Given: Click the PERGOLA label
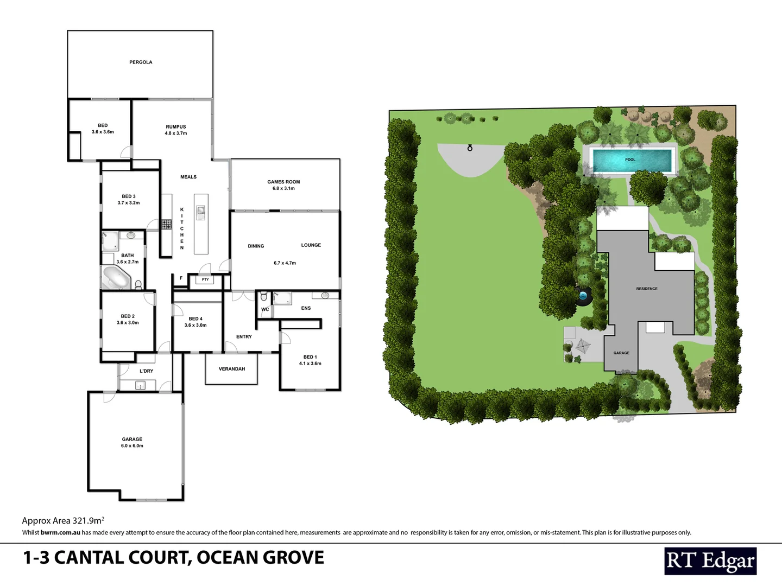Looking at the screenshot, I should pos(141,62).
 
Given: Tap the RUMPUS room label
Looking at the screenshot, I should pos(175,127).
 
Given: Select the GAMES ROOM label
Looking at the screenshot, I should pos(283,182).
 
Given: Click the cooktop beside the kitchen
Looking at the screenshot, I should pos(166,224).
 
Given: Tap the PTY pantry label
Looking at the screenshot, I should pos(205,280).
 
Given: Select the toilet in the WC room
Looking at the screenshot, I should pos(264,297).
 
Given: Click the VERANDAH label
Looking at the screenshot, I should pos(232,369).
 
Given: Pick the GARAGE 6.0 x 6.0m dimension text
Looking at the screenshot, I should pos(132,446).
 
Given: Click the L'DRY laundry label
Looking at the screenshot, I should pos(146,371).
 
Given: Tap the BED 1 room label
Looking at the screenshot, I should pos(310,357).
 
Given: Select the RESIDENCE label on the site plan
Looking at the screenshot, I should pos(647,289).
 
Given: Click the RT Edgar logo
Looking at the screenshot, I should pos(710,561).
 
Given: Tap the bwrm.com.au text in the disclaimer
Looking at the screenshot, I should pos(60,533).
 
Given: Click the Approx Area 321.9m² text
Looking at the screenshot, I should pos(63,520).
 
